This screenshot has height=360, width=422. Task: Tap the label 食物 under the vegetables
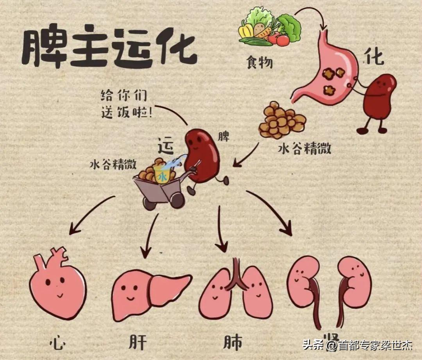tap(259, 62)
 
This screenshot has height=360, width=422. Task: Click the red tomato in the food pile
tap(283, 40)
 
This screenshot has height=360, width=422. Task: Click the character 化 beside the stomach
tap(374, 57)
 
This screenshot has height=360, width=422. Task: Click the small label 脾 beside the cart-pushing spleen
tap(224, 137)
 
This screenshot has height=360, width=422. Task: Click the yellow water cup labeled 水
tap(161, 174)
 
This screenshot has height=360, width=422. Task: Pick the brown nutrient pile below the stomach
tap(282, 120)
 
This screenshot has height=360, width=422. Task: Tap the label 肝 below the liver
tap(137, 343)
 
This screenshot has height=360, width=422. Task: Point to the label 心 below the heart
tap(57, 343)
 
